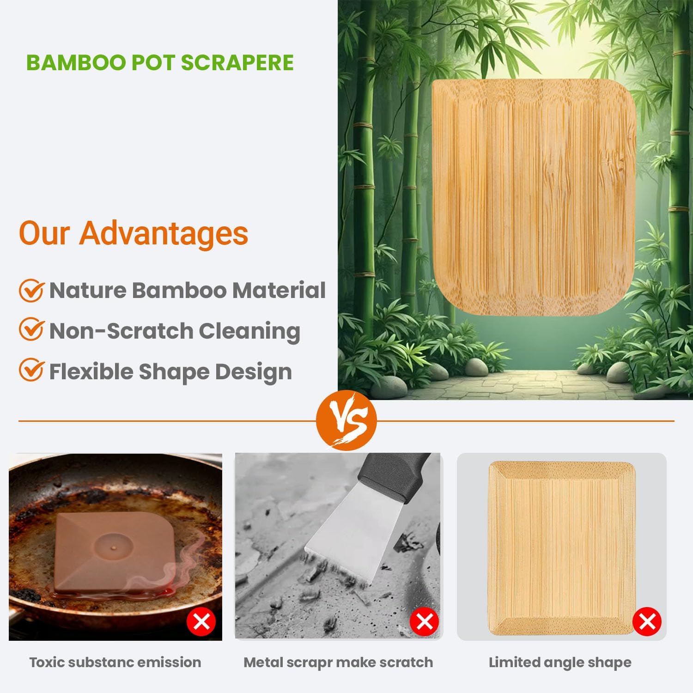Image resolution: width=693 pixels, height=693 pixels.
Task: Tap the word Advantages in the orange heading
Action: point(164,233)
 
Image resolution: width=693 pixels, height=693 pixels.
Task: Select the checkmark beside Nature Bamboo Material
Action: point(31,291)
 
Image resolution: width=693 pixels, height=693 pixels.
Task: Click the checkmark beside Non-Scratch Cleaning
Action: point(31,330)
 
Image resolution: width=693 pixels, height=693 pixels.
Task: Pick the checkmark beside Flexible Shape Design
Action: point(31,371)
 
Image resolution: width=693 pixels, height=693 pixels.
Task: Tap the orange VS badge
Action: point(346,420)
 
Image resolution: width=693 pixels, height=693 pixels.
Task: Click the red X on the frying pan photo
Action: point(201,622)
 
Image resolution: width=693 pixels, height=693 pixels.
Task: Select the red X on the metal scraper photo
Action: point(424,622)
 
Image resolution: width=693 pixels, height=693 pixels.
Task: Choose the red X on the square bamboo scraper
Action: point(647,622)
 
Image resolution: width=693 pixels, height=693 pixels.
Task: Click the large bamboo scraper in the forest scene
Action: point(531,199)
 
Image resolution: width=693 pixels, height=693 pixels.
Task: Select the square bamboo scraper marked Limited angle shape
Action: point(561,547)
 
